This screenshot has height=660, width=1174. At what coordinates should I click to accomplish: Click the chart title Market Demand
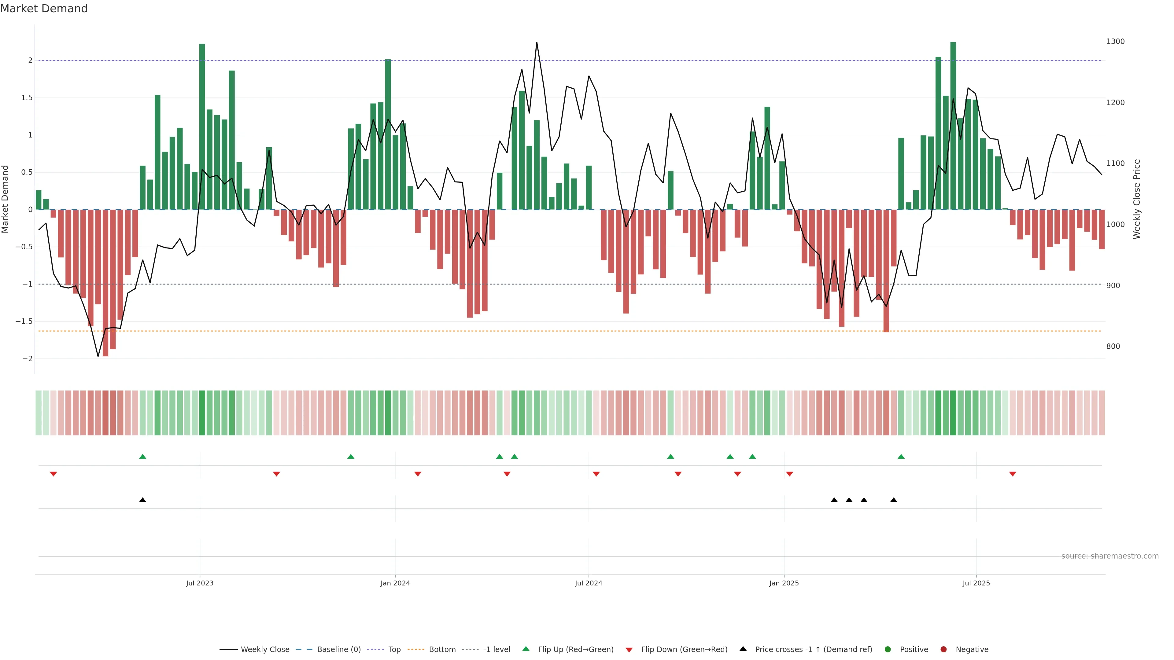coord(44,9)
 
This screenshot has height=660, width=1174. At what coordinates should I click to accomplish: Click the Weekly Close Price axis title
coord(1137,199)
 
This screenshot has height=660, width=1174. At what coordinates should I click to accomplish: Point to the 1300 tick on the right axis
coord(1115,42)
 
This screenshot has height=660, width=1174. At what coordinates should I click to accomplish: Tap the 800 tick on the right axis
coord(1113,346)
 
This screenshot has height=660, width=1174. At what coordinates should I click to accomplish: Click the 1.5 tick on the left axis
coord(27,98)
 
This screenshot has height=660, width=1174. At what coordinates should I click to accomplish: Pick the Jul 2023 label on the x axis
coord(200,583)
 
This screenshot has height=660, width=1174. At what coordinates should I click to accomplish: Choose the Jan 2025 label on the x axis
coord(784,583)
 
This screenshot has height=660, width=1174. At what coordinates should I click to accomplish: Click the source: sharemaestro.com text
coord(1110,556)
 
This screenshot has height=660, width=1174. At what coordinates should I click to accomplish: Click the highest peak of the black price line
coord(537,42)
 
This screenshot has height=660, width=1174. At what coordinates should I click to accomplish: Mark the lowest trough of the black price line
coord(98,356)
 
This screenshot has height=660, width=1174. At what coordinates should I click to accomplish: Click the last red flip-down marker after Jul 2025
coord(1013,474)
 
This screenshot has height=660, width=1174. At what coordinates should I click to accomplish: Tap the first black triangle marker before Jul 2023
coord(143,500)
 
